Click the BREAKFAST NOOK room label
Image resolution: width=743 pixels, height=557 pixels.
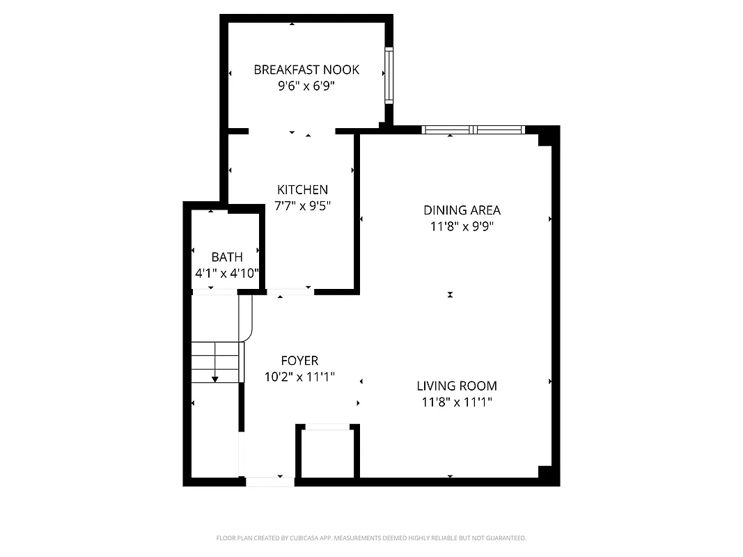pyautogui.click(x=306, y=70)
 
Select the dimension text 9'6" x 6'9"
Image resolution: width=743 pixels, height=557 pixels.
pyautogui.click(x=306, y=86)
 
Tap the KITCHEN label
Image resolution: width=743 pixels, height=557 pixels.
pyautogui.click(x=302, y=189)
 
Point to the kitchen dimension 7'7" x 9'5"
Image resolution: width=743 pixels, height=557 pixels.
pyautogui.click(x=302, y=206)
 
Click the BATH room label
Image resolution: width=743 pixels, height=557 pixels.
pyautogui.click(x=227, y=258)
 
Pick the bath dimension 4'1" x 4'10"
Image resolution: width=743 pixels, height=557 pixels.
pyautogui.click(x=227, y=274)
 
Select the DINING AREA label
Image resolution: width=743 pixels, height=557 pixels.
pyautogui.click(x=462, y=210)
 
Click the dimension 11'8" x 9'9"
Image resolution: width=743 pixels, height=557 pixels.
pyautogui.click(x=462, y=226)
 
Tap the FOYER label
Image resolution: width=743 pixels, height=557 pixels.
pyautogui.click(x=299, y=361)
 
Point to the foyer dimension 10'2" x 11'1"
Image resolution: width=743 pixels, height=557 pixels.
pyautogui.click(x=299, y=377)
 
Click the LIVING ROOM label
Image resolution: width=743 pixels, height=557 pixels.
pyautogui.click(x=457, y=386)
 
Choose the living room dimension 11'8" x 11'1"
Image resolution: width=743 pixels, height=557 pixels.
pyautogui.click(x=457, y=402)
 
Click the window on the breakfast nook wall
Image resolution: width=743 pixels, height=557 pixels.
pyautogui.click(x=389, y=75)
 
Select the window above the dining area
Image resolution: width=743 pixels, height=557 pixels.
pyautogui.click(x=474, y=130)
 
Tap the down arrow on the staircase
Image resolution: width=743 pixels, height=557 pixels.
pyautogui.click(x=215, y=378)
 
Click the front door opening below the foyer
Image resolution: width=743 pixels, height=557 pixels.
pyautogui.click(x=270, y=481)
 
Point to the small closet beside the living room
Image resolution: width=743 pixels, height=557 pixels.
pyautogui.click(x=328, y=453)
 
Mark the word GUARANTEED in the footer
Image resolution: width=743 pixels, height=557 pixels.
pyautogui.click(x=505, y=538)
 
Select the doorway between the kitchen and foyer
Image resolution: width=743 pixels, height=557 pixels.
pyautogui.click(x=290, y=291)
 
